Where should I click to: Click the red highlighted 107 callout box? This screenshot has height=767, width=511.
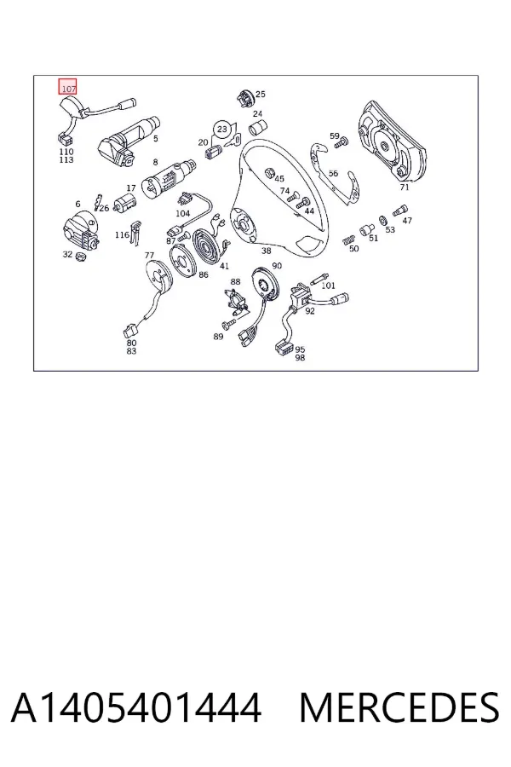pos(67,87)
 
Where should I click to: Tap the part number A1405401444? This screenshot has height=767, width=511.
pos(136,707)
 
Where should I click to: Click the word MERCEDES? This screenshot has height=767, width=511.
pos(399,707)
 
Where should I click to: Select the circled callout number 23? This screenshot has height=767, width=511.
pos(222,130)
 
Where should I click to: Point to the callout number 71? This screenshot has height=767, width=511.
pos(404,187)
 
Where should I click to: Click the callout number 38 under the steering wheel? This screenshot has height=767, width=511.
pos(266,251)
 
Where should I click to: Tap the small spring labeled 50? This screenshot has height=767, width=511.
pos(347,240)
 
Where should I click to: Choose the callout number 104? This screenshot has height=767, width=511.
pos(183,213)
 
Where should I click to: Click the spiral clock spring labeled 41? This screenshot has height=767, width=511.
pos(207,244)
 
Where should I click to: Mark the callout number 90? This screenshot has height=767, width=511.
pos(277,266)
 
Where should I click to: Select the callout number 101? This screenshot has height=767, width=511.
pos(328,285)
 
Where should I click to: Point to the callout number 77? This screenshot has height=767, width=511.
pos(149,256)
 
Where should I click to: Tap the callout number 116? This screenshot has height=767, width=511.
pos(122,235)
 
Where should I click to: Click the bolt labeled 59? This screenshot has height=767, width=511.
pos(342,143)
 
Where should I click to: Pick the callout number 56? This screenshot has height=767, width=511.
pos(333,173)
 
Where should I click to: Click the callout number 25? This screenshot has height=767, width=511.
pos(261,94)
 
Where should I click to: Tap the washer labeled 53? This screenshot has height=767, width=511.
pos(383,220)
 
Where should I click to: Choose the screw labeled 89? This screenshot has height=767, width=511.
pos(229,323)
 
